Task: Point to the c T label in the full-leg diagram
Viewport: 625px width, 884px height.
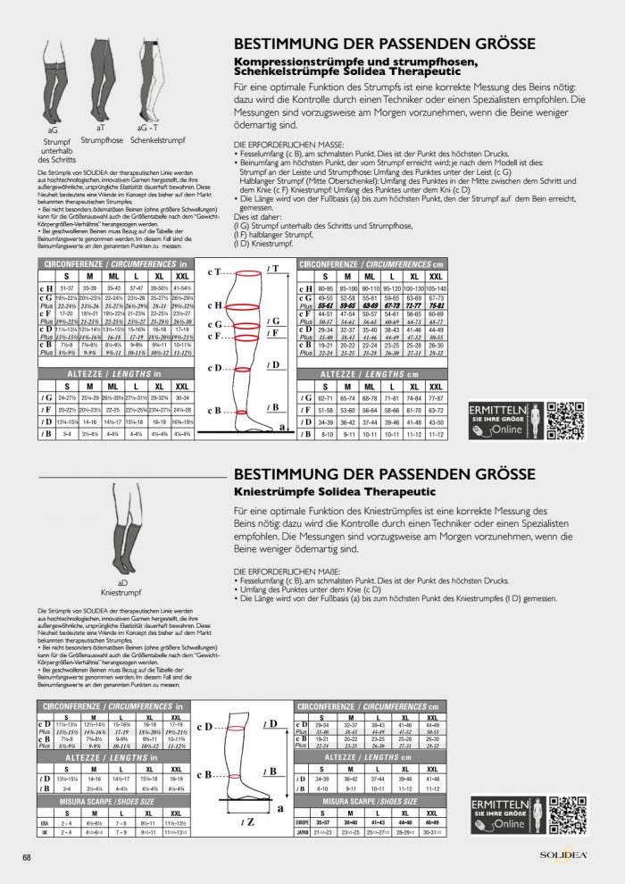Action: pyautogui.click(x=212, y=270)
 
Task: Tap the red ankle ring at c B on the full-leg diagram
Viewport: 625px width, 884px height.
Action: pyautogui.click(x=241, y=412)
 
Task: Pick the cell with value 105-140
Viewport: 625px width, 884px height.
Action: pyautogui.click(x=437, y=288)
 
